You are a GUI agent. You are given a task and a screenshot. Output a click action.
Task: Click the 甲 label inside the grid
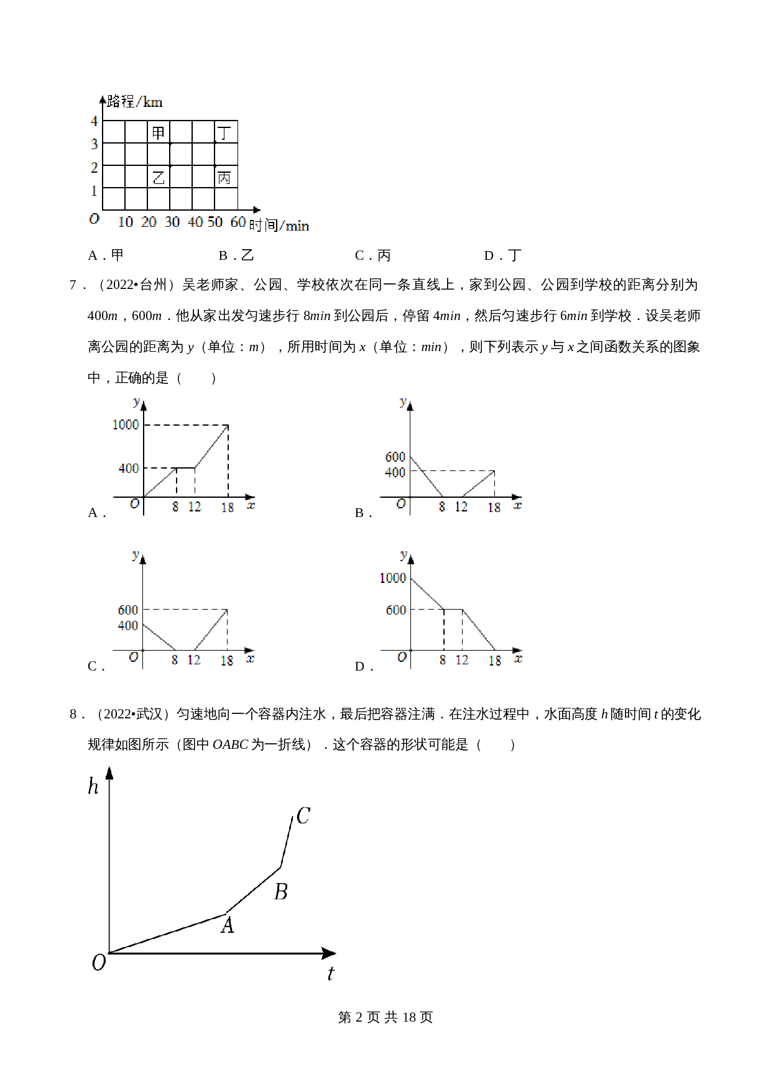coord(159,132)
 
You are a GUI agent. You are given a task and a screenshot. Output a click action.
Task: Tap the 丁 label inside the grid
coord(224,132)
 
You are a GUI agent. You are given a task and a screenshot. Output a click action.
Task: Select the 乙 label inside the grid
coord(159,178)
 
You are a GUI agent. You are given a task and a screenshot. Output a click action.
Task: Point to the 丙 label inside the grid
coord(224,178)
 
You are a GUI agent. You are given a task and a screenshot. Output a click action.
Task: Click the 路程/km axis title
coord(134,101)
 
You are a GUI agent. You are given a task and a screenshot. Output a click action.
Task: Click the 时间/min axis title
coord(279,225)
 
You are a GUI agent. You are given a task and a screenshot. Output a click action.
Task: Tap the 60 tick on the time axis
coord(238,222)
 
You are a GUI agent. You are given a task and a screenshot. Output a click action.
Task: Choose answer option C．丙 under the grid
coord(372,255)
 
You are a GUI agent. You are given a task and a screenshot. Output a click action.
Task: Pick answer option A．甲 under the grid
coord(106,255)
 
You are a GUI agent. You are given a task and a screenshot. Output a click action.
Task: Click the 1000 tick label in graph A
coord(125,424)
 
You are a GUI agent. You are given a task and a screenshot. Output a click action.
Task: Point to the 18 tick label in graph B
coord(494,508)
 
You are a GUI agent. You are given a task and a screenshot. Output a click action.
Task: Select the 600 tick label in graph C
coord(128,610)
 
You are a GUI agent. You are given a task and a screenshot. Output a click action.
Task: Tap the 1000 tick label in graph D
coord(393,578)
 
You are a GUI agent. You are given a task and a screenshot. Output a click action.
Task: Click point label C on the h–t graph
coord(303,816)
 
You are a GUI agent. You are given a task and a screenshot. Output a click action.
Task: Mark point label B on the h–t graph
coord(280,892)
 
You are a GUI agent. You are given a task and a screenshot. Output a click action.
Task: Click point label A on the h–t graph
coord(228,925)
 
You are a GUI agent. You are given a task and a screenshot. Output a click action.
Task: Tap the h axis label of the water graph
coord(93,787)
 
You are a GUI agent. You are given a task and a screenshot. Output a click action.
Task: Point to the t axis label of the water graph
coord(330,973)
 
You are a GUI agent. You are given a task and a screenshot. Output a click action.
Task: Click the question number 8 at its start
coord(74,714)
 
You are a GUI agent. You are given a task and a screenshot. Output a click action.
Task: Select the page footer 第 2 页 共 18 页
coord(385,1017)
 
